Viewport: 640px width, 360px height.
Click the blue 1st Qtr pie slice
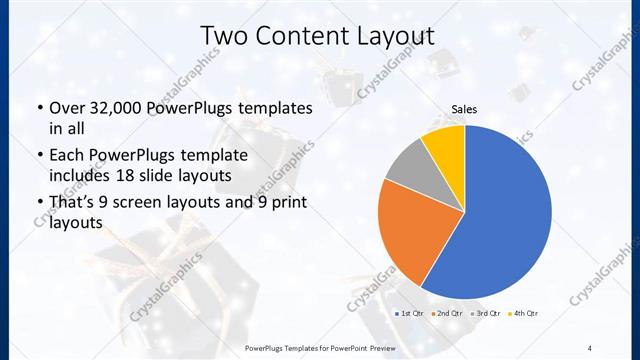(x=505, y=215)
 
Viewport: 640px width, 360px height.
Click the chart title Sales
(x=464, y=108)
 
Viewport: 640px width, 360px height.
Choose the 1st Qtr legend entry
(x=409, y=313)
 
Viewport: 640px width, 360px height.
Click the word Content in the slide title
(x=299, y=36)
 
